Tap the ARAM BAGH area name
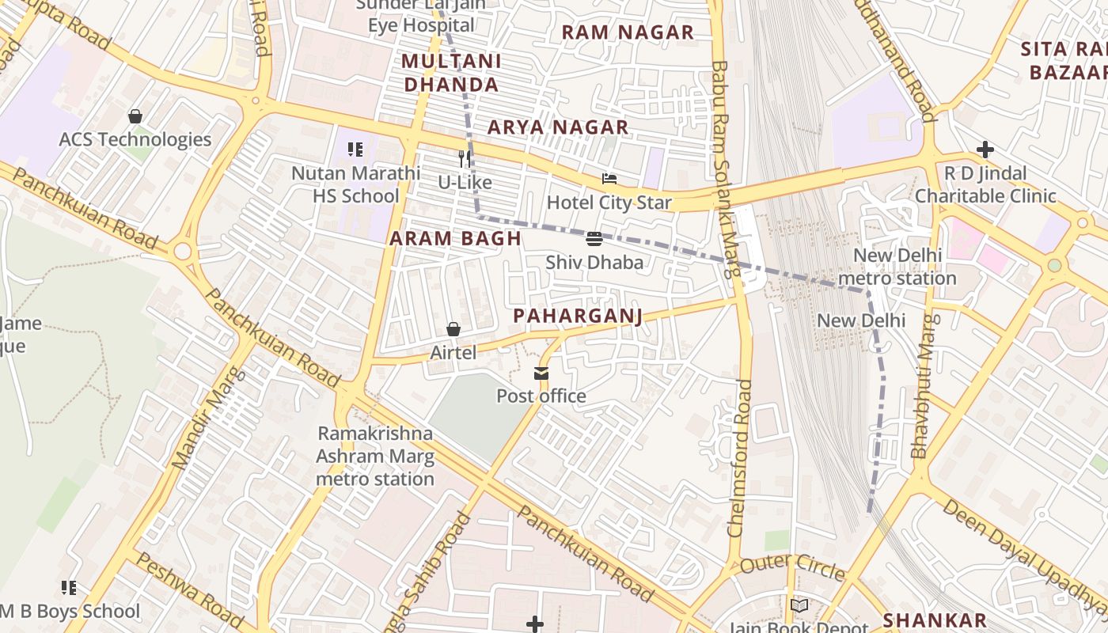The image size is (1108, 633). (455, 238)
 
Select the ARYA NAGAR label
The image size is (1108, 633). (557, 127)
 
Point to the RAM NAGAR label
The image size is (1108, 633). (627, 32)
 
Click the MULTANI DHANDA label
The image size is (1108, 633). (450, 73)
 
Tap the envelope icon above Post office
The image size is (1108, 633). (541, 373)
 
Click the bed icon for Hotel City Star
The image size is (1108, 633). (609, 179)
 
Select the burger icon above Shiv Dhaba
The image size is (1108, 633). (594, 239)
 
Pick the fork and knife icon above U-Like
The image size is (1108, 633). (465, 159)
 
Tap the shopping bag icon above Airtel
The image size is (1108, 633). (453, 329)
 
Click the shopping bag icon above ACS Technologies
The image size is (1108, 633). (135, 117)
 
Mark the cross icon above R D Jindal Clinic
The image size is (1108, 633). (985, 150)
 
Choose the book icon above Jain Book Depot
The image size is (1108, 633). (799, 606)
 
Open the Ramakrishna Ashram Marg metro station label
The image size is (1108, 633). (375, 456)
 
